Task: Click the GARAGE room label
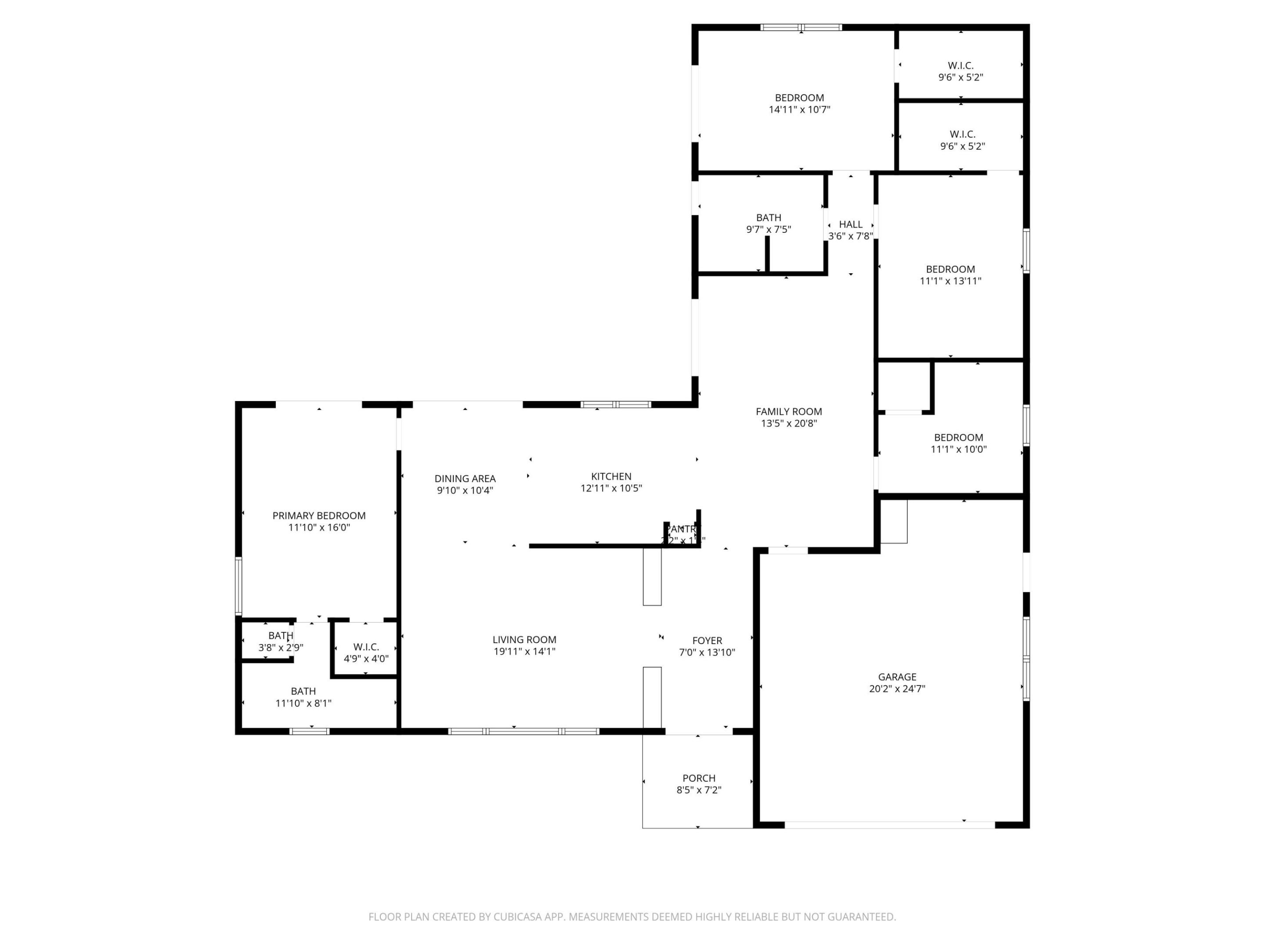[x=897, y=677]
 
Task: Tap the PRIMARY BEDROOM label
[x=318, y=515]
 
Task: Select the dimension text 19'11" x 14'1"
[x=524, y=652]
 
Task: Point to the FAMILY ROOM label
[x=788, y=411]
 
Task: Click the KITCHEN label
[x=611, y=476]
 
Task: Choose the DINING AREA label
[x=464, y=478]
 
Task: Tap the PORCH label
[x=698, y=778]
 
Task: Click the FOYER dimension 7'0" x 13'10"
[x=707, y=652]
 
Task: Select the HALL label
[x=850, y=224]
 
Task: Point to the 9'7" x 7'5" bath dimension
[x=768, y=229]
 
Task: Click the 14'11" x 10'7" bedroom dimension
[x=799, y=109]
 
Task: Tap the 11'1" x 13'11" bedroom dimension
[x=950, y=281]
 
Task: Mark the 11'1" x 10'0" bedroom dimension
[x=958, y=449]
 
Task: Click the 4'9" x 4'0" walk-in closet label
[x=365, y=659]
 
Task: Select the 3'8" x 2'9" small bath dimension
[x=280, y=648]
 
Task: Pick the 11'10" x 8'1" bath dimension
[x=303, y=703]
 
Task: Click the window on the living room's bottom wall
[x=523, y=731]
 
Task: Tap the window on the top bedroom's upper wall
[x=801, y=27]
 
